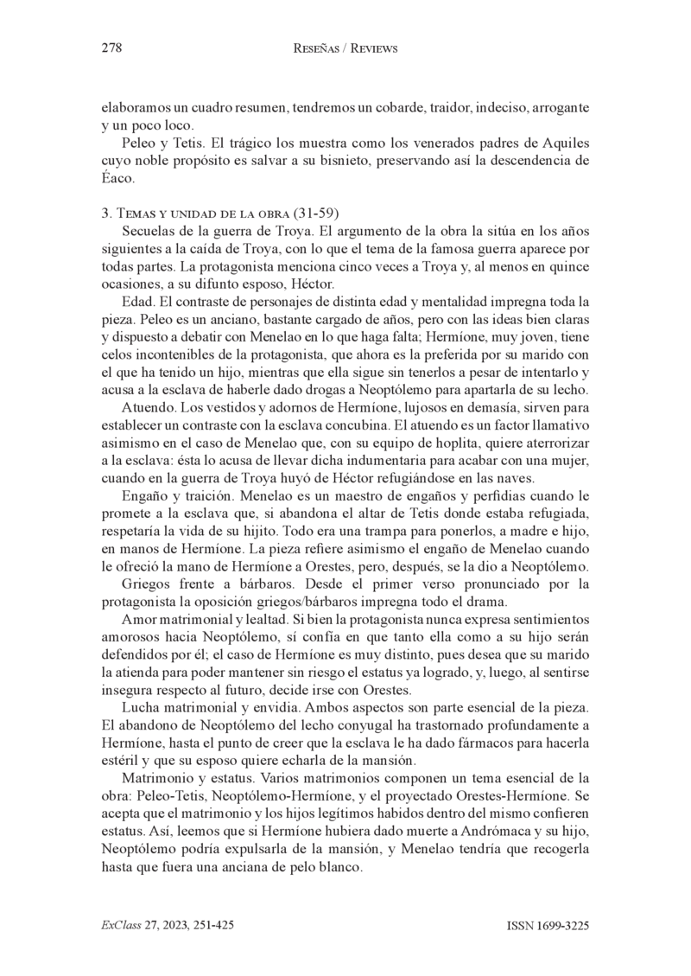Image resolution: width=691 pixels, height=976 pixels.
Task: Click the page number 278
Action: coord(111,49)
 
